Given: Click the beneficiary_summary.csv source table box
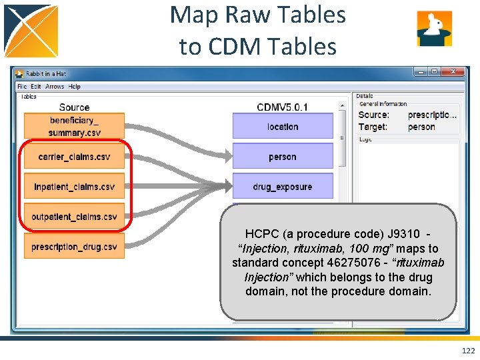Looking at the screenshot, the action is coord(74,126).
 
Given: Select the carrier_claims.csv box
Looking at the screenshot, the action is coord(74,157).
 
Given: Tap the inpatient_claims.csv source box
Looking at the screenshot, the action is coord(74,187).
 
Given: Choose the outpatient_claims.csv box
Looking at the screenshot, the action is coord(74,217).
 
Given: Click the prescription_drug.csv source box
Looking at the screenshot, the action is coord(74,247).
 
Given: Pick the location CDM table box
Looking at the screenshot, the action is coord(283,126).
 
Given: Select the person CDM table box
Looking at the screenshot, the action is coord(283,157).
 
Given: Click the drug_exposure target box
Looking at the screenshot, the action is coord(283,187).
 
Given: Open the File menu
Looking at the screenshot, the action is coord(22,87).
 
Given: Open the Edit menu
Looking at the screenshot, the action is coord(36,87).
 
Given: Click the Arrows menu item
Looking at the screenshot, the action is coord(55,87).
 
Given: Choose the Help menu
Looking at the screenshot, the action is coord(75,87).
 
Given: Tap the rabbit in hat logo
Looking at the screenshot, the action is coord(435,29).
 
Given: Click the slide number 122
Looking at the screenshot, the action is coord(468,351).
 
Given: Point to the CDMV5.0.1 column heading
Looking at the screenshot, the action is coord(283,107).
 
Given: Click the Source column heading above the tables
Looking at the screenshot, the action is coord(74,107).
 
